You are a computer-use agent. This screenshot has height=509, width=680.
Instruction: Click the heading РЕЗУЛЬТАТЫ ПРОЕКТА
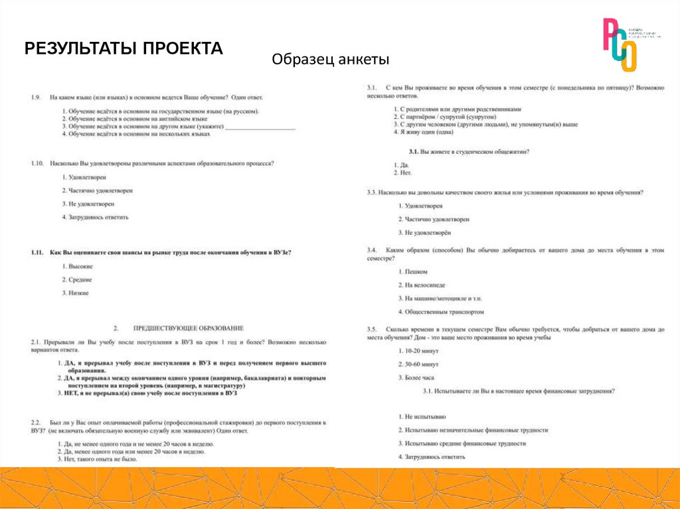point(124,49)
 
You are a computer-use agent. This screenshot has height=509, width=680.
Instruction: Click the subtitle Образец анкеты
point(330,60)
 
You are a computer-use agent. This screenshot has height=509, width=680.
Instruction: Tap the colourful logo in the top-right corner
point(620,44)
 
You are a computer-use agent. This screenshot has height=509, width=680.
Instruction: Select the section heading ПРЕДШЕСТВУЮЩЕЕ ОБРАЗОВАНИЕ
point(188,328)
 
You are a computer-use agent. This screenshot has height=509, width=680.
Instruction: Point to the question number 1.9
point(37,98)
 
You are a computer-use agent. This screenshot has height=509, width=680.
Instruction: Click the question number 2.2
point(36,422)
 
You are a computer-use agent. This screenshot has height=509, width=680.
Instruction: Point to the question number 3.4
point(372,250)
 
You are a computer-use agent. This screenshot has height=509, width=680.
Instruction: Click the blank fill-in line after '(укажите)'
point(260,126)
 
